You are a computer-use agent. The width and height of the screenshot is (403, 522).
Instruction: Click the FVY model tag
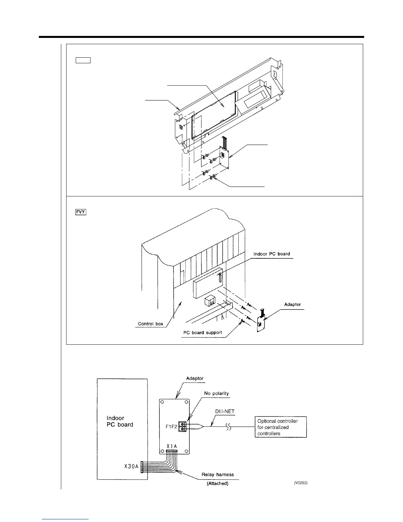80,212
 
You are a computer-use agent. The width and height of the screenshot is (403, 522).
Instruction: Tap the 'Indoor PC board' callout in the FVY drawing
272,254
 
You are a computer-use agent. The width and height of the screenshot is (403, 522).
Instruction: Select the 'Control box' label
150,324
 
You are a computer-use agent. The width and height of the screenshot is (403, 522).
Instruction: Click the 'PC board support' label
202,333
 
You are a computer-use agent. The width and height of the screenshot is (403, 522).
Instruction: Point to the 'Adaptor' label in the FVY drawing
292,304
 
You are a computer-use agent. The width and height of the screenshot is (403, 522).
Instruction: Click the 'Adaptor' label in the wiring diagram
195,378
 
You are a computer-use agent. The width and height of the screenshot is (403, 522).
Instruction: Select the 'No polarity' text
216,393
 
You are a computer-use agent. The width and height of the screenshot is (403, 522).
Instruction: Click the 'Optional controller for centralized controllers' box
281,427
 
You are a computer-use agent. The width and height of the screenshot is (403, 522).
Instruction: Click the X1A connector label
172,446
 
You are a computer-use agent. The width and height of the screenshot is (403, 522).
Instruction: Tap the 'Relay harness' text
218,475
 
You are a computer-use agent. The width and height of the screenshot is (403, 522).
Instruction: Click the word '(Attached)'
217,483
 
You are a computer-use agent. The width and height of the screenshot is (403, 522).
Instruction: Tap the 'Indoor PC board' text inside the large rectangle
120,421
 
